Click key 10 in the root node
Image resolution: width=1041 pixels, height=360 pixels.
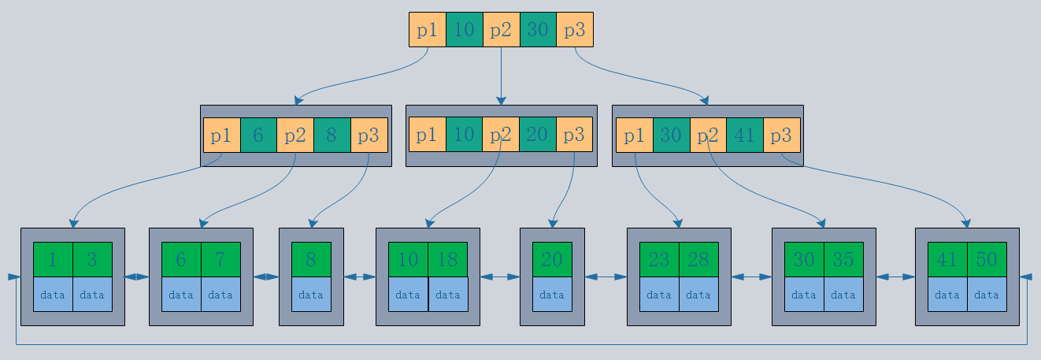pyautogui.click(x=464, y=30)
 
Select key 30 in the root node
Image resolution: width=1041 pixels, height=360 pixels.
pyautogui.click(x=538, y=30)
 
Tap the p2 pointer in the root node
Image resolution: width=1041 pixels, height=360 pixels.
pyautogui.click(x=501, y=30)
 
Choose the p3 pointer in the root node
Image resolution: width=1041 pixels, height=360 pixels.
pyautogui.click(x=575, y=30)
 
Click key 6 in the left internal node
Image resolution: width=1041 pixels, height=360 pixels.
pyautogui.click(x=258, y=135)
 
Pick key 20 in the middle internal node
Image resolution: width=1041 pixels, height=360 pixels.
pyautogui.click(x=538, y=135)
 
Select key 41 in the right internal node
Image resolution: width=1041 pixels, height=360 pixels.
pyautogui.click(x=744, y=135)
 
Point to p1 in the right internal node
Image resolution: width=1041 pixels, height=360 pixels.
pyautogui.click(x=634, y=135)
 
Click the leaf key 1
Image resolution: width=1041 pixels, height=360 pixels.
pyautogui.click(x=53, y=260)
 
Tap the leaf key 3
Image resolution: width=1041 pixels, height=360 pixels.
pyautogui.click(x=92, y=260)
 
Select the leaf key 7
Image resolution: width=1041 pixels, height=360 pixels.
pyautogui.click(x=220, y=260)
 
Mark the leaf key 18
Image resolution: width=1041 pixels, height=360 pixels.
pyautogui.click(x=447, y=260)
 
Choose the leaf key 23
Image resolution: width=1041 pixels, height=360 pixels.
pyautogui.click(x=659, y=260)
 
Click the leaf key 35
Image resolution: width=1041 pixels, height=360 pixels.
pyautogui.click(x=843, y=260)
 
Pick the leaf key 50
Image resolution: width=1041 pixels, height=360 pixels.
pyautogui.click(x=987, y=260)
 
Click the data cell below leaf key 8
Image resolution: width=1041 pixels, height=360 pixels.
pyautogui.click(x=311, y=295)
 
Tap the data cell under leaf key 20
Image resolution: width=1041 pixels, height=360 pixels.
pyautogui.click(x=552, y=295)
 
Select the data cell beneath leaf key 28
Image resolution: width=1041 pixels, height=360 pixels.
pyautogui.click(x=698, y=295)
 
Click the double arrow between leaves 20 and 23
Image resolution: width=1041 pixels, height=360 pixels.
pyautogui.click(x=606, y=276)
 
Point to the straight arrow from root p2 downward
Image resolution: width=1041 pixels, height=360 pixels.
pyautogui.click(x=501, y=76)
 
